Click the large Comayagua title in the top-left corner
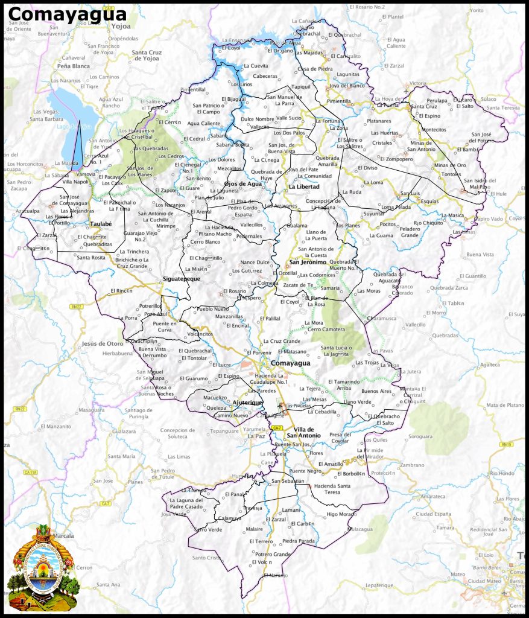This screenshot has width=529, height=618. click(68, 14)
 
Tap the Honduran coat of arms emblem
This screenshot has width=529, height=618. click(43, 568)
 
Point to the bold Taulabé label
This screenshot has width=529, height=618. click(101, 224)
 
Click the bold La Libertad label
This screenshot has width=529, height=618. click(303, 187)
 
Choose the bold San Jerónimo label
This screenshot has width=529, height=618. click(307, 263)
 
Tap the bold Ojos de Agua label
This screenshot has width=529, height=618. click(242, 183)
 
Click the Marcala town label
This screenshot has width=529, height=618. click(63, 535)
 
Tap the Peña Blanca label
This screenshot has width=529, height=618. click(73, 66)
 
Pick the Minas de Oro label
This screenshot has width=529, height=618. click(449, 165)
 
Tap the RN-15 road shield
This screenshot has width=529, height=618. click(505, 445)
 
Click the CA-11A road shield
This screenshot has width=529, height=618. click(30, 472)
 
